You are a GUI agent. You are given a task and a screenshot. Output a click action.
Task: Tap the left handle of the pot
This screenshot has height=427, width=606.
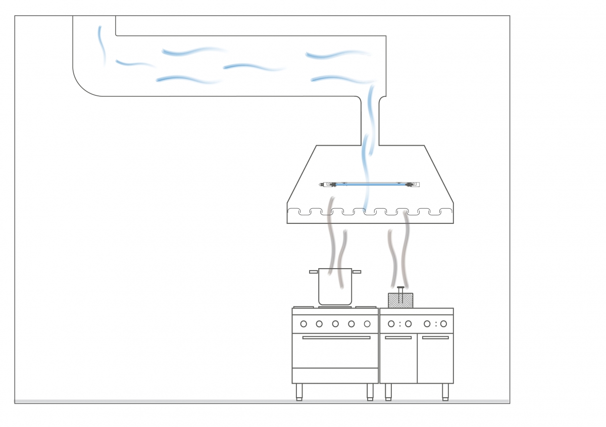(x=314, y=272)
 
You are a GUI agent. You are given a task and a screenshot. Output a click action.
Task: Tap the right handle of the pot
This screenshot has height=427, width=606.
(x=357, y=272)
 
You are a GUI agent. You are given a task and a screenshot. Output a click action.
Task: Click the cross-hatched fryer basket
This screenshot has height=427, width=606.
(x=400, y=300)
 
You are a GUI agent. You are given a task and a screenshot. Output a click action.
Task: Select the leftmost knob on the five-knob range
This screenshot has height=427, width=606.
(x=304, y=324)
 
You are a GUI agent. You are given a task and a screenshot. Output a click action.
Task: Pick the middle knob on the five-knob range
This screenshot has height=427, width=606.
(x=335, y=324)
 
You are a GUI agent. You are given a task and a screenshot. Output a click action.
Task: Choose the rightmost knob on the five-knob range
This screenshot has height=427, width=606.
(x=367, y=324)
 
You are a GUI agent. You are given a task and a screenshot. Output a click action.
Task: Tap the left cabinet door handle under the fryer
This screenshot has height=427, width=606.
(x=398, y=338)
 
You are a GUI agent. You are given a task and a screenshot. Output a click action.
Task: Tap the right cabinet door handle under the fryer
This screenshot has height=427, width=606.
(x=435, y=338)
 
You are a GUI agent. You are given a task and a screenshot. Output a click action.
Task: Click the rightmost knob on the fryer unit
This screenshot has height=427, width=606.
(x=443, y=324)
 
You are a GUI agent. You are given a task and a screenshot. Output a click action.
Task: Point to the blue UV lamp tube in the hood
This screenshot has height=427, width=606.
(x=370, y=185)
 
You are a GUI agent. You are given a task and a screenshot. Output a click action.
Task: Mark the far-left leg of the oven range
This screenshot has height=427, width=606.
(x=299, y=392)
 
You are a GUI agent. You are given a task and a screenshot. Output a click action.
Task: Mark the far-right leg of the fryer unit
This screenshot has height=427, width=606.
(x=445, y=392)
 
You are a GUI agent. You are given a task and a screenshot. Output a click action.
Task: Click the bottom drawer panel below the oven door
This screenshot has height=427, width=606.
(x=335, y=376)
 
